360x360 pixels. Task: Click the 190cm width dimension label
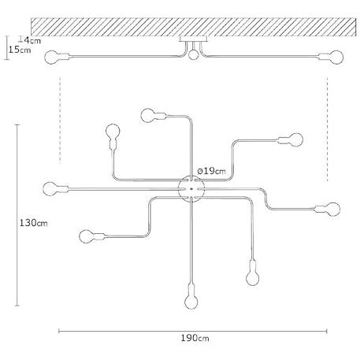pyautogui.click(x=195, y=338)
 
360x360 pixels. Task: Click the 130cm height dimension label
pyautogui.click(x=34, y=223)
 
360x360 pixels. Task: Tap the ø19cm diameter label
pyautogui.click(x=211, y=171)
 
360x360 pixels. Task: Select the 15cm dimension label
pyautogui.click(x=20, y=50)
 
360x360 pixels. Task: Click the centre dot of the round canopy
pyautogui.click(x=191, y=189)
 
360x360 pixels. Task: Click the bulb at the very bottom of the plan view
pyautogui.click(x=191, y=302)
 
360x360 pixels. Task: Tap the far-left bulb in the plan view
pyautogui.click(x=50, y=189)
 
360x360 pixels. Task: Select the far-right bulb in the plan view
pyautogui.click(x=333, y=210)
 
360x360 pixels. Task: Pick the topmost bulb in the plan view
pyautogui.click(x=148, y=116)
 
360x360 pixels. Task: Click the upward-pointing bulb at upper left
pyautogui.click(x=113, y=131)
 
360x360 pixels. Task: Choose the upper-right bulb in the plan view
pyautogui.click(x=296, y=140)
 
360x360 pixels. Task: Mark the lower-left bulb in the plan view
pyautogui.click(x=86, y=236)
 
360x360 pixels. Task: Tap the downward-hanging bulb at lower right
pyautogui.click(x=253, y=278)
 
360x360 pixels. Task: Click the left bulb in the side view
pyautogui.click(x=51, y=58)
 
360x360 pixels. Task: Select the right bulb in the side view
pyautogui.click(x=336, y=58)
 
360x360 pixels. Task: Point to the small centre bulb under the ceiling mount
pyautogui.click(x=194, y=54)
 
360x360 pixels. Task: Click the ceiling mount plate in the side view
pyautogui.click(x=194, y=39)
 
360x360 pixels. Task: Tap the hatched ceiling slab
pyautogui.click(x=193, y=27)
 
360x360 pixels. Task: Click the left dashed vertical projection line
pyautogui.click(x=60, y=120)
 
